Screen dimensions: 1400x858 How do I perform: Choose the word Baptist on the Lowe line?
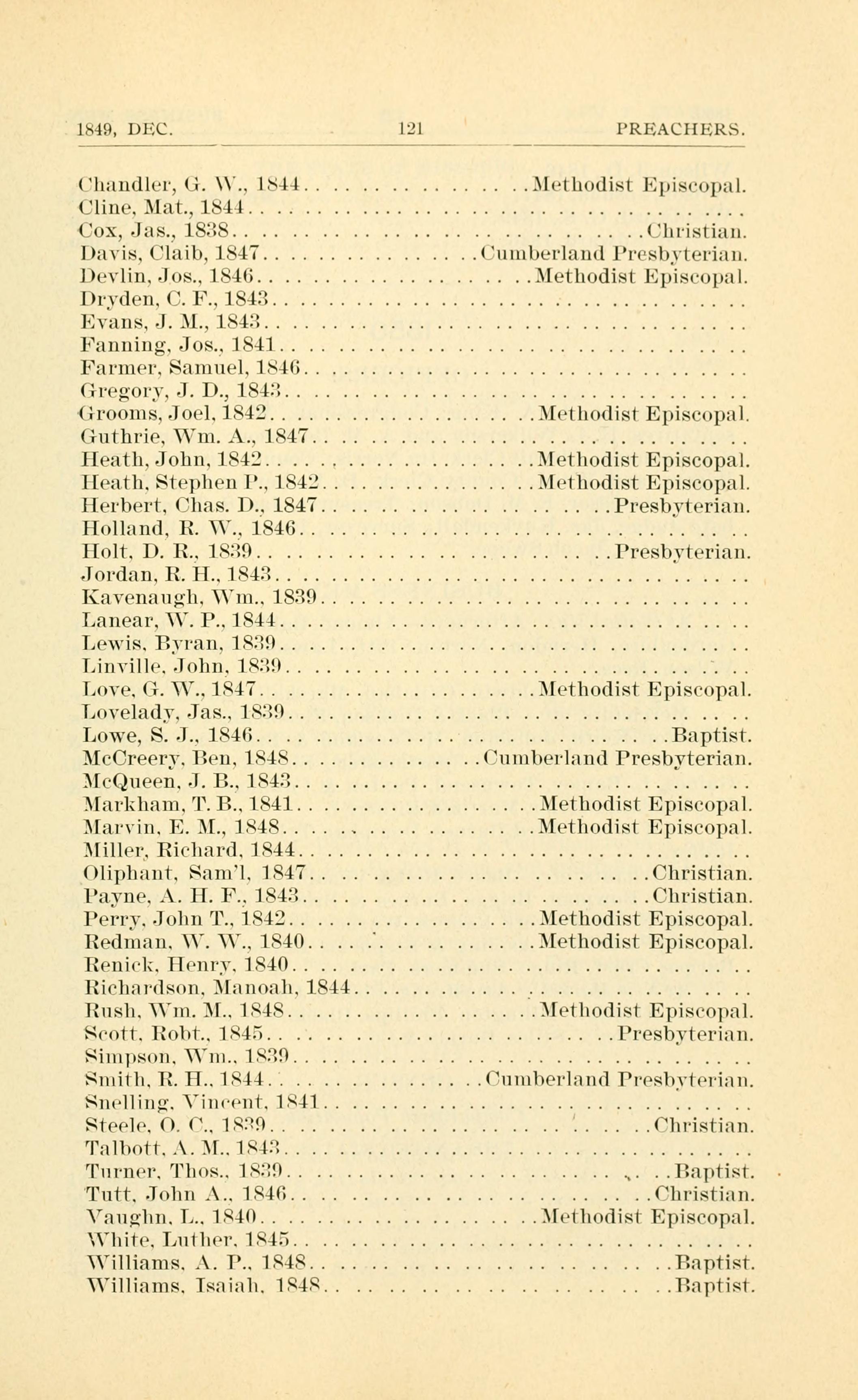point(712,737)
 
